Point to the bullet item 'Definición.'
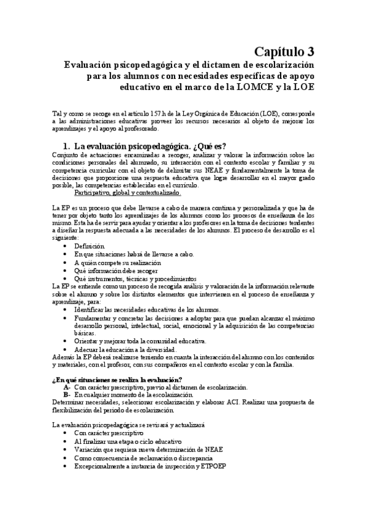[90, 245]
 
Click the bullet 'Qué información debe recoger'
[116, 270]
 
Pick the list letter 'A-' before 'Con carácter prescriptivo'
[67, 387]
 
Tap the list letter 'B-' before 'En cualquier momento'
[67, 395]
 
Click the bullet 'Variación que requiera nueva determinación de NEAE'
[149, 449]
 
